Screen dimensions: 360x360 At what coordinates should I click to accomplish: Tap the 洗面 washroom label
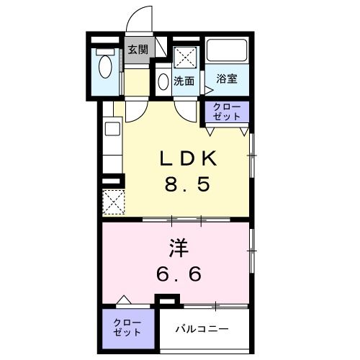pyautogui.click(x=184, y=81)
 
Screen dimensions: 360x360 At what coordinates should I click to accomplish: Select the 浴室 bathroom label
pyautogui.click(x=228, y=78)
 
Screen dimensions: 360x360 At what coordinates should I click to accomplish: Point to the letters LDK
pyautogui.click(x=189, y=158)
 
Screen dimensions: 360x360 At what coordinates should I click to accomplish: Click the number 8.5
pyautogui.click(x=189, y=184)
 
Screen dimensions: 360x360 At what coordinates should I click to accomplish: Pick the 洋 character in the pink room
pyautogui.click(x=179, y=249)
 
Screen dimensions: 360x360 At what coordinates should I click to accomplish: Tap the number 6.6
pyautogui.click(x=179, y=274)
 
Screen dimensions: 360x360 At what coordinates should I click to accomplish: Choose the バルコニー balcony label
pyautogui.click(x=204, y=328)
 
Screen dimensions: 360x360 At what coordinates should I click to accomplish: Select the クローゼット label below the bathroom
pyautogui.click(x=228, y=112)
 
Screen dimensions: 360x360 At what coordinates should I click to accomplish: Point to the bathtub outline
pyautogui.click(x=228, y=51)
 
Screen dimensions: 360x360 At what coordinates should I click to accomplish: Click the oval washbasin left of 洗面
pyautogui.click(x=163, y=81)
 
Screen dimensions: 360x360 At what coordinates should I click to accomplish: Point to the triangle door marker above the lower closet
pyautogui.click(x=123, y=300)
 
